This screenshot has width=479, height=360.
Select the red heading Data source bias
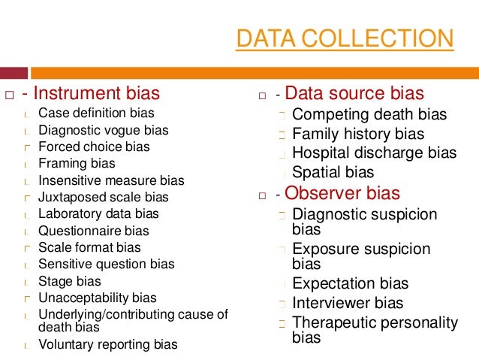[354, 94]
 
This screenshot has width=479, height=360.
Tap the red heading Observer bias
[342, 193]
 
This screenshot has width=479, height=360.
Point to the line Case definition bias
[96, 113]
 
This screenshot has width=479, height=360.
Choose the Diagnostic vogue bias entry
[104, 130]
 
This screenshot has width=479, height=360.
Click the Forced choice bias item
[94, 147]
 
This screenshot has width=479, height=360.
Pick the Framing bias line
[77, 163]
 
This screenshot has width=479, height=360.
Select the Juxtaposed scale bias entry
[104, 197]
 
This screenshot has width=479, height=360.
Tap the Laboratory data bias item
[98, 213]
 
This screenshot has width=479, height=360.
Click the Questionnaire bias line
[94, 231]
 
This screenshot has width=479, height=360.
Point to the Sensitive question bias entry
[106, 264]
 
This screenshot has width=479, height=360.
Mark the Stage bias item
[69, 281]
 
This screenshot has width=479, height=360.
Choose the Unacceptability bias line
[98, 298]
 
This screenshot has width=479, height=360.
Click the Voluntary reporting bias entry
[108, 345]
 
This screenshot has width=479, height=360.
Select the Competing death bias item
[369, 115]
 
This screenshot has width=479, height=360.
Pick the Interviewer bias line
[348, 304]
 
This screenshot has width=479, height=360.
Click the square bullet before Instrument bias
[10, 95]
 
